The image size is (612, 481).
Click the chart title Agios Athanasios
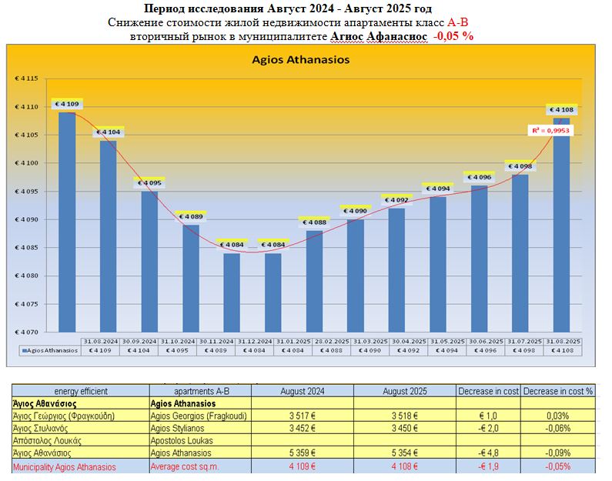[x=301, y=59]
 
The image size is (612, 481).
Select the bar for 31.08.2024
[x=67, y=223]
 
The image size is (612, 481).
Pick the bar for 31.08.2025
[x=562, y=223]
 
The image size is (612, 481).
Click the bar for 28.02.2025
[x=315, y=281]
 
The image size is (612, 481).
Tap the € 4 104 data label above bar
[x=109, y=132]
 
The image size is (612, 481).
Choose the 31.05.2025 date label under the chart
[x=446, y=340]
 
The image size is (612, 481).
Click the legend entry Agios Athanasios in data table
[x=50, y=350]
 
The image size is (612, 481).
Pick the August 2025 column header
[x=404, y=391]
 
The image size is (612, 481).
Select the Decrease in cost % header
[x=557, y=391]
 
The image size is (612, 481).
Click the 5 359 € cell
[x=304, y=453]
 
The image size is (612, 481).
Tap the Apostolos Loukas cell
[x=181, y=441]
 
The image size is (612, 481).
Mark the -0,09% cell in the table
[x=557, y=453]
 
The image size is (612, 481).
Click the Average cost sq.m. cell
[x=185, y=466]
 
